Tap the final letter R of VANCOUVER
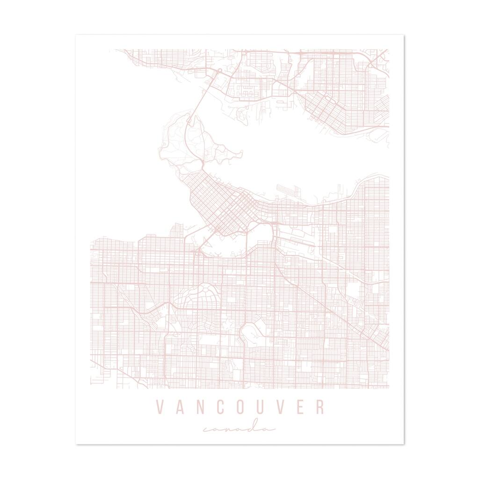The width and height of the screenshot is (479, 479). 319,407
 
